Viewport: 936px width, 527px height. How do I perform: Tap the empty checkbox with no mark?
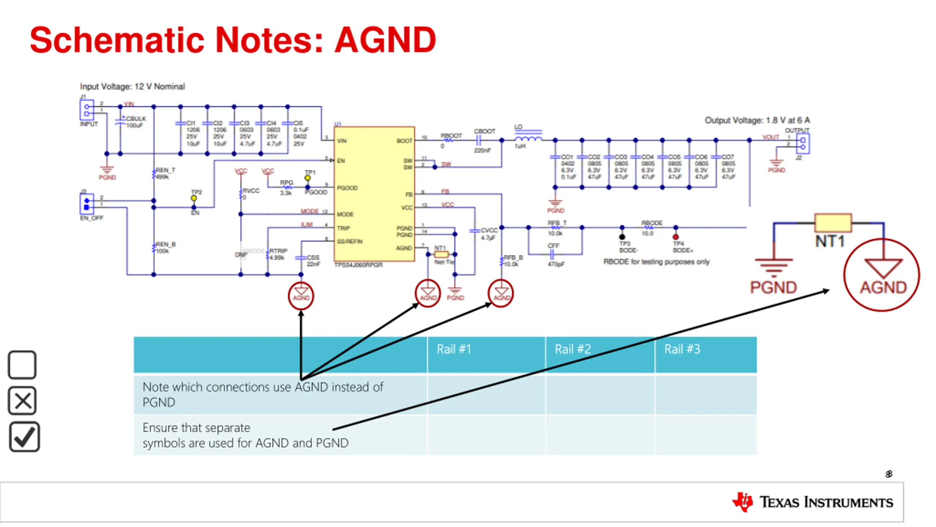(x=22, y=365)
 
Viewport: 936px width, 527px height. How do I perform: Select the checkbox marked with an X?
(x=22, y=400)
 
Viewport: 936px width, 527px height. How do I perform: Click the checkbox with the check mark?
(x=24, y=437)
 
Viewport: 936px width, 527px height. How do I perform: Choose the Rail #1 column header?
(x=453, y=349)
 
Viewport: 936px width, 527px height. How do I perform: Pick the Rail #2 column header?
(x=573, y=349)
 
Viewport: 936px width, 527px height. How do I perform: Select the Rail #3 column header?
(x=682, y=349)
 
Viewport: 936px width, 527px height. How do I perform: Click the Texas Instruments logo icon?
(x=742, y=502)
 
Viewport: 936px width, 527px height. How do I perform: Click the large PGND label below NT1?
(x=773, y=288)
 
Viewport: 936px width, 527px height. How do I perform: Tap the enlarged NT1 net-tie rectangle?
(x=833, y=223)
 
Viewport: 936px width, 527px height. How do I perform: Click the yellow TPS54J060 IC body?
(x=374, y=194)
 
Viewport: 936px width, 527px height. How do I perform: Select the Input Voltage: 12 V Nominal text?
(x=132, y=87)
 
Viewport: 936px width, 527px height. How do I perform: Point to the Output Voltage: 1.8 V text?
(x=757, y=120)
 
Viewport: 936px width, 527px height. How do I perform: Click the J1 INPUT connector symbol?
(x=87, y=110)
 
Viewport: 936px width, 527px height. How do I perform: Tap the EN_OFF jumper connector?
(x=87, y=204)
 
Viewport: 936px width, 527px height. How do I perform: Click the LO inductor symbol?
(x=528, y=138)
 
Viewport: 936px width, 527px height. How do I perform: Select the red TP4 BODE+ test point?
(x=676, y=237)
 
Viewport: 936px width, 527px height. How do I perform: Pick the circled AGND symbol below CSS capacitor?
(x=301, y=295)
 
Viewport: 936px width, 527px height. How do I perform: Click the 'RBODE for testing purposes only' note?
(x=656, y=262)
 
